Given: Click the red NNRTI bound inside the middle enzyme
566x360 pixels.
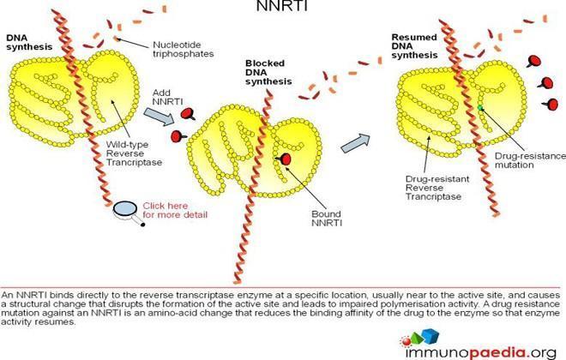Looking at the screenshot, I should (x=284, y=159).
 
